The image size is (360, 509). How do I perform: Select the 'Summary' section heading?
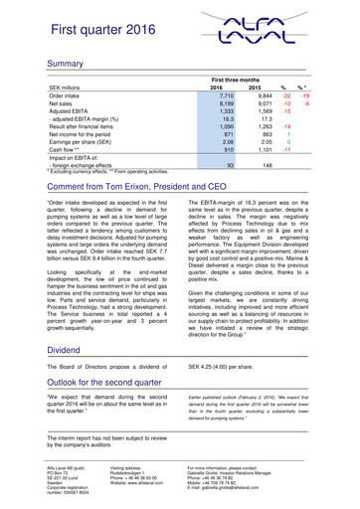pos(45,62)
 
